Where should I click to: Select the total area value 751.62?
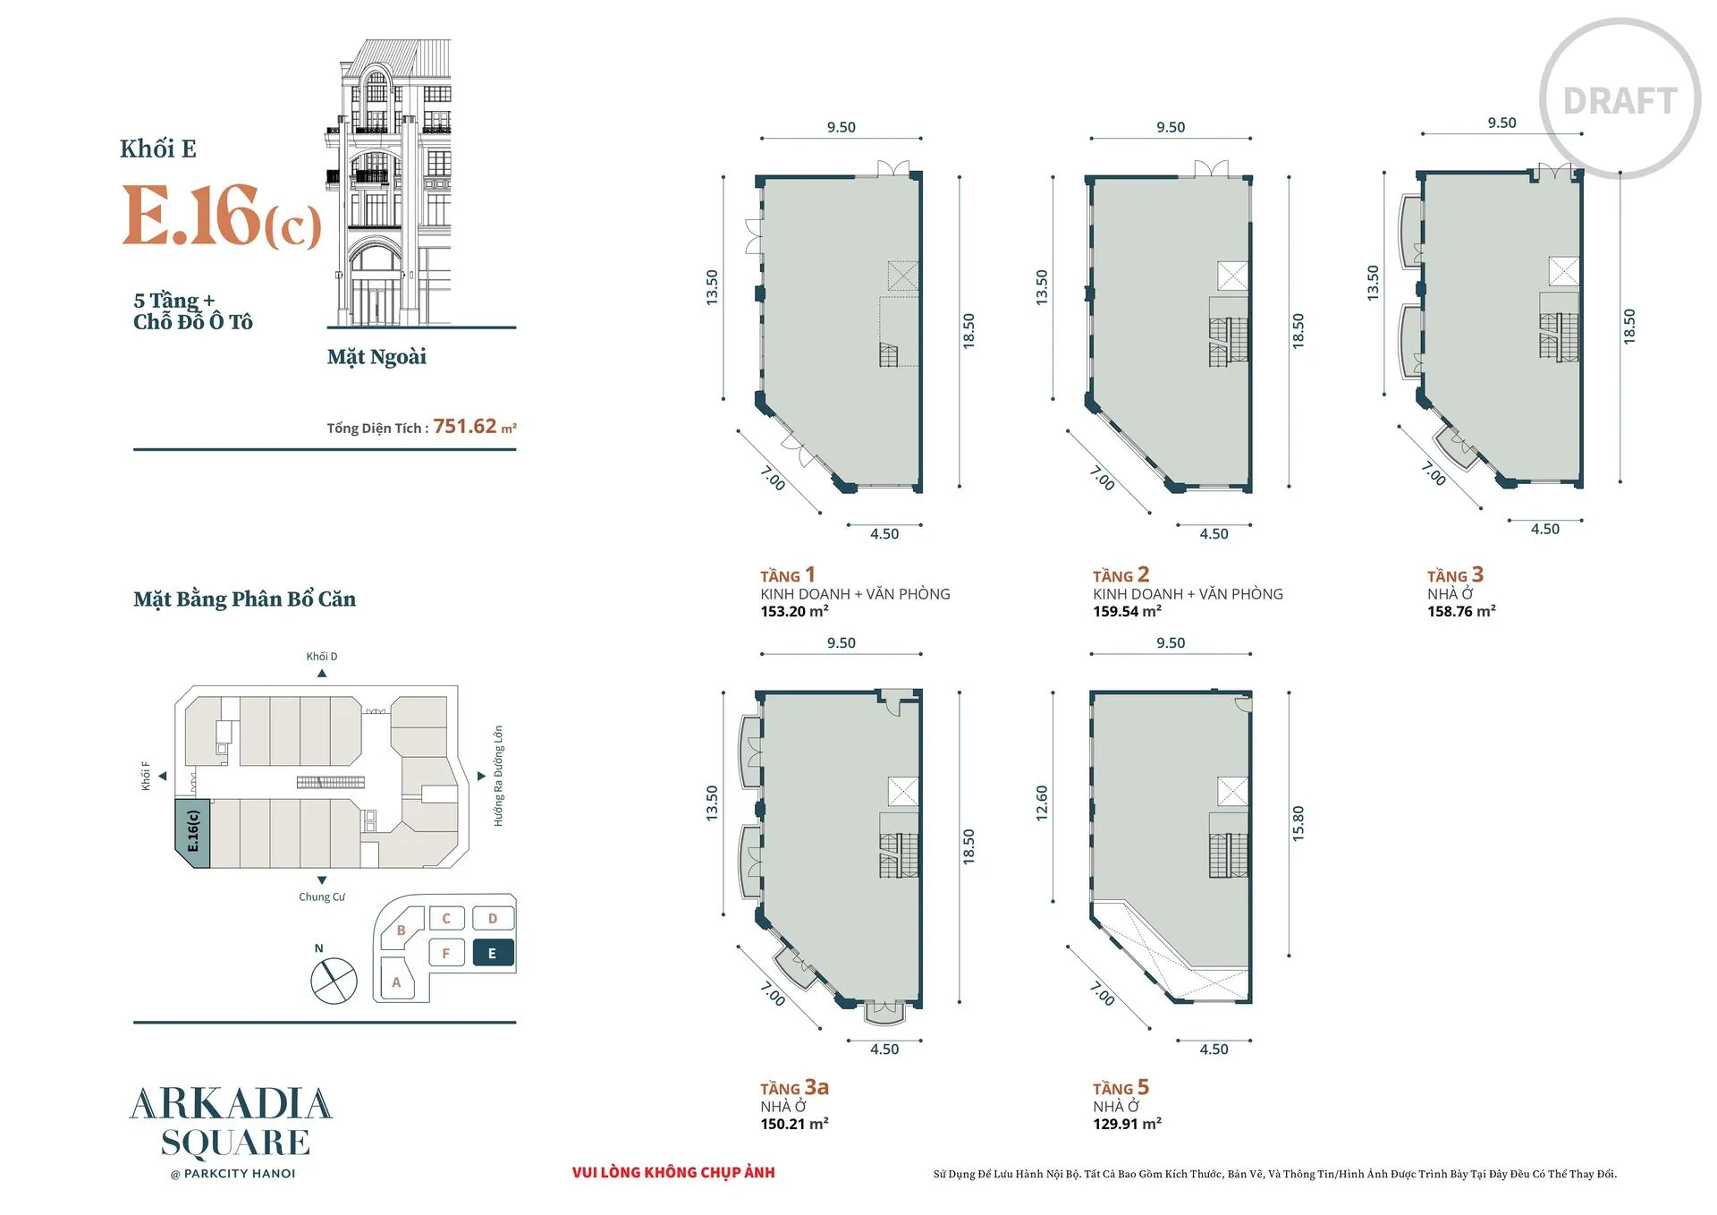[x=465, y=426]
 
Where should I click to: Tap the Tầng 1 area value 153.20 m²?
[x=794, y=611]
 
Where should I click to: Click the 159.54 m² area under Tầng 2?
[x=1127, y=611]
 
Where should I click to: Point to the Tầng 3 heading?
[x=1455, y=574]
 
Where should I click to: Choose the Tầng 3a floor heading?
[x=794, y=1087]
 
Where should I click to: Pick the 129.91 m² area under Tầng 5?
[x=1127, y=1124]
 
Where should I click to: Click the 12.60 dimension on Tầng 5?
[x=1041, y=803]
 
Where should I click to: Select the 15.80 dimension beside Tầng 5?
[x=1298, y=823]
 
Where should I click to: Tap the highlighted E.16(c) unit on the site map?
[x=192, y=832]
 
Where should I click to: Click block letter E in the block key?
[x=492, y=954]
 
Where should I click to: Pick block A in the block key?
[x=396, y=981]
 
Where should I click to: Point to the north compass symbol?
[x=334, y=980]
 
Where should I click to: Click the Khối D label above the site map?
[x=322, y=657]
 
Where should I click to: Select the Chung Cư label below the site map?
[x=322, y=896]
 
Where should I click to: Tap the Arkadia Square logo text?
[x=232, y=1123]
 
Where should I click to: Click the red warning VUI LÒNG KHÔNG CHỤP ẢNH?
[x=673, y=1172]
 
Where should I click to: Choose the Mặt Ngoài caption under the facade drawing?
[x=376, y=357]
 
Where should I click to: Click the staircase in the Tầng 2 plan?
[x=1229, y=341]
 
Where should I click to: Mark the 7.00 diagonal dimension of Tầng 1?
[x=773, y=479]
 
